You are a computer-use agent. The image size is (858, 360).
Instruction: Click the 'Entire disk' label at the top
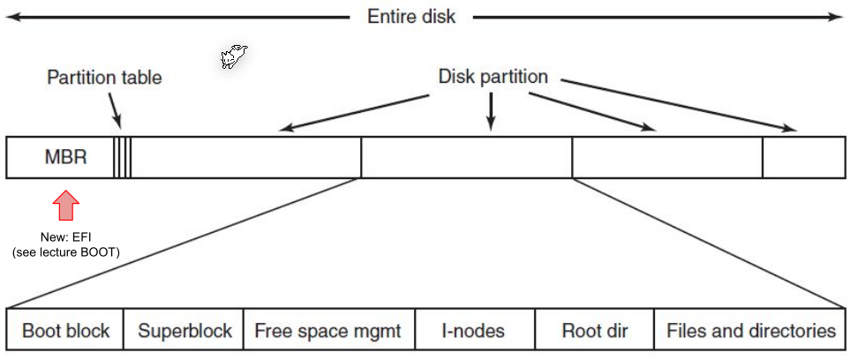(x=411, y=17)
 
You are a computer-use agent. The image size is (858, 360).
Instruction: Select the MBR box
(x=59, y=158)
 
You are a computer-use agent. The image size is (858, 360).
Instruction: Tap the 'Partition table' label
(x=104, y=78)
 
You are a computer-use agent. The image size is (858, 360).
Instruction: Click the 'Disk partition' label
(x=493, y=77)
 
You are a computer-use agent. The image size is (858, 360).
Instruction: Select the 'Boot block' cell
(x=65, y=332)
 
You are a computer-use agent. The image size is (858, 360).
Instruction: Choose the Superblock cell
(x=184, y=332)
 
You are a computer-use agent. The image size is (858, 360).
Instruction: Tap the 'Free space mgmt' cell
(x=327, y=332)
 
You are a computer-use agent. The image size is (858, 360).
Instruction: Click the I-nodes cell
(x=474, y=332)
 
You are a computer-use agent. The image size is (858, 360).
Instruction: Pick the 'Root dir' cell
(x=594, y=332)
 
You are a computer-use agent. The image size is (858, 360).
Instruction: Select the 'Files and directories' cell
(x=750, y=332)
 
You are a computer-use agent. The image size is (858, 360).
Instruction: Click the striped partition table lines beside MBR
(x=123, y=158)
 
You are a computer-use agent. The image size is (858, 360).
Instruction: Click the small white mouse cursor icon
(x=233, y=57)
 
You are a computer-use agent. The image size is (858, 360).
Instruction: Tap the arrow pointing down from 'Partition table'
(x=116, y=113)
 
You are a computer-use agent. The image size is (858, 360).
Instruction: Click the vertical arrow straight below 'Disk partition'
(x=492, y=112)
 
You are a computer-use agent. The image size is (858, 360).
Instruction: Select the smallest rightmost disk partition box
(x=802, y=158)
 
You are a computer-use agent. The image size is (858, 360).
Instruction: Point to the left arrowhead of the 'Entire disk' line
(x=12, y=17)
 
